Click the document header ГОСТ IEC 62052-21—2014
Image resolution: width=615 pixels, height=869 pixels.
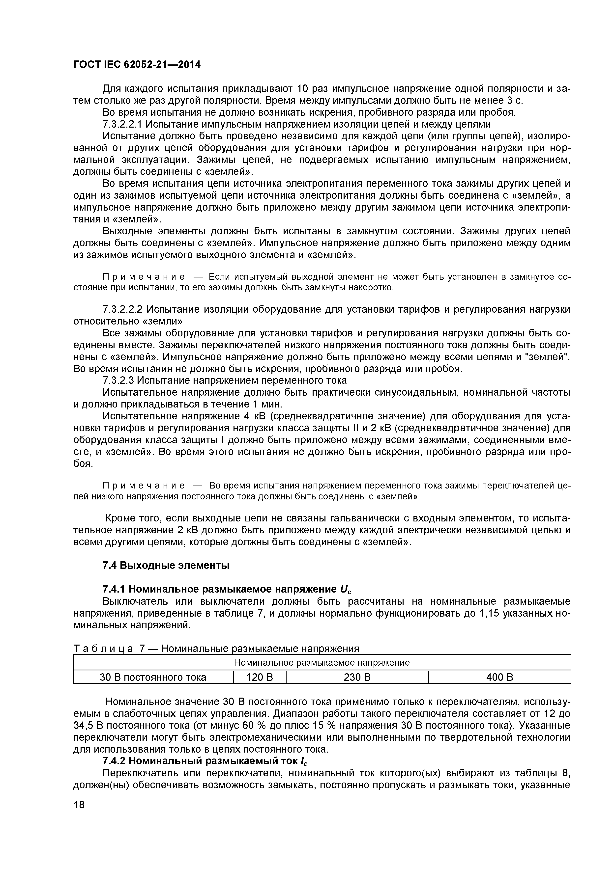137,65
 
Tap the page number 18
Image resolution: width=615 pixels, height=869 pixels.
79,815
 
